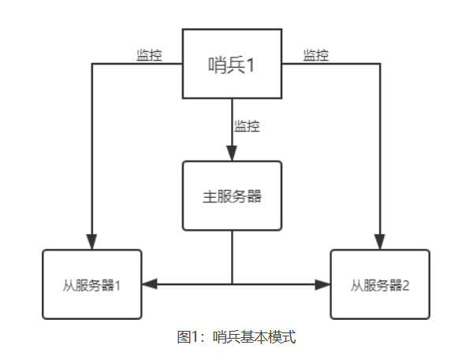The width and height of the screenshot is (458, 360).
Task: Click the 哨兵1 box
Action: [x=232, y=64]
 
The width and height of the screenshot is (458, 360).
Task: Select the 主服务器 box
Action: [x=232, y=196]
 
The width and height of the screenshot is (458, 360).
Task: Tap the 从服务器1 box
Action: [x=92, y=284]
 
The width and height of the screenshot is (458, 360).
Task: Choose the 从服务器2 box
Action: [x=380, y=284]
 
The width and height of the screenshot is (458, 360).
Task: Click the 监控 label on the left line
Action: [x=149, y=55]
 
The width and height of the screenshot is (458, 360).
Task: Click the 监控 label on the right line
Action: [x=316, y=55]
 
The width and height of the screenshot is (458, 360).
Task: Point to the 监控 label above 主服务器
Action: [x=247, y=125]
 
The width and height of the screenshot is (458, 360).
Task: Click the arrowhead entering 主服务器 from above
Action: [x=232, y=154]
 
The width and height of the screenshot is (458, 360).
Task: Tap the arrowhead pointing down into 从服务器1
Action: [x=92, y=243]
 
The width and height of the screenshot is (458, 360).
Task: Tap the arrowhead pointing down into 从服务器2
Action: [x=380, y=243]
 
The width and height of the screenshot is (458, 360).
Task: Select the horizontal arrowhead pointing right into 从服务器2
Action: [x=323, y=284]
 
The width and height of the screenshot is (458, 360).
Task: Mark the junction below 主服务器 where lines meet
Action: [x=232, y=284]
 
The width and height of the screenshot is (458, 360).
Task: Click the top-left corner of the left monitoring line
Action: [x=92, y=64]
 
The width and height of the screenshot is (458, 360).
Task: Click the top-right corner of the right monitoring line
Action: [x=380, y=64]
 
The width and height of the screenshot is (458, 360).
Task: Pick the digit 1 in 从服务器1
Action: [x=118, y=285]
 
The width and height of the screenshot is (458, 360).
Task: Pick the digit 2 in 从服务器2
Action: [x=406, y=285]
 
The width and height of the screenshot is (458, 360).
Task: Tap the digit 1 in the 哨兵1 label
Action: [x=252, y=65]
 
